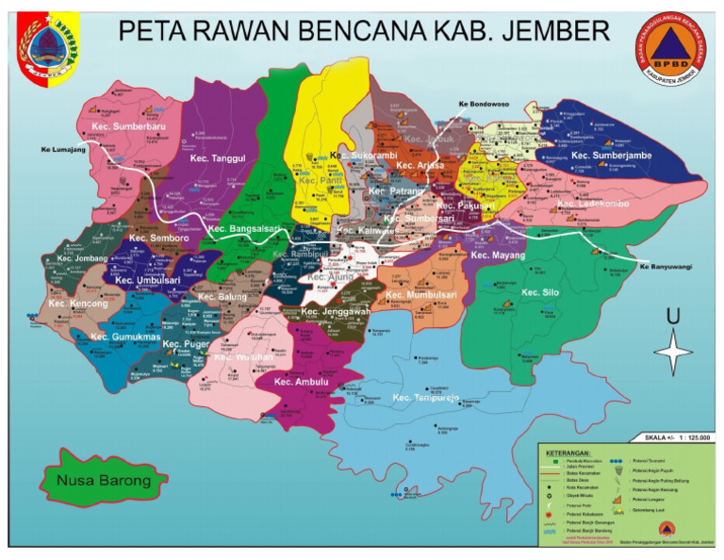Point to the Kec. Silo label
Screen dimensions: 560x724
538,292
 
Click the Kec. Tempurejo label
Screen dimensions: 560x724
425,399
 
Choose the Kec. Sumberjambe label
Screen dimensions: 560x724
611,155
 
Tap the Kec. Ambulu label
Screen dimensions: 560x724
301,382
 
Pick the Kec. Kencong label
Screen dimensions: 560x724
79,305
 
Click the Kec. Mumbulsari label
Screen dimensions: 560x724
421,295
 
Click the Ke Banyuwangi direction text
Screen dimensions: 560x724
666,267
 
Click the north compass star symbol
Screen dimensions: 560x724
673,355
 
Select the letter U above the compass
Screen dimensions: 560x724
673,318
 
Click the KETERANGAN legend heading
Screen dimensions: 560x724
569,452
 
